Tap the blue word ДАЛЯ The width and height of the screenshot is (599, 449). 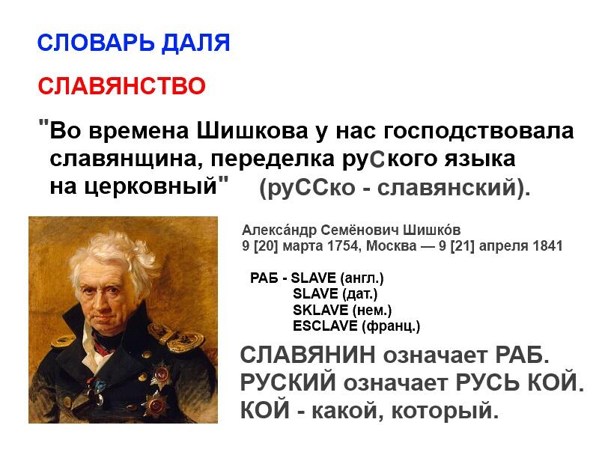[x=196, y=43]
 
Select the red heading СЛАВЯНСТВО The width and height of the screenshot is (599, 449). [x=122, y=86]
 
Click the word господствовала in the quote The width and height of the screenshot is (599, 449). [x=478, y=132]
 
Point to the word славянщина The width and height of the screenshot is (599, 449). [x=127, y=159]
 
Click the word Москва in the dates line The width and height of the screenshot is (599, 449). [x=391, y=246]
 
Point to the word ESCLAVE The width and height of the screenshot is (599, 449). [x=325, y=326]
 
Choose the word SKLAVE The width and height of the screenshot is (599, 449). [x=320, y=310]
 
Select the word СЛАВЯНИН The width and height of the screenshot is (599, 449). [x=308, y=355]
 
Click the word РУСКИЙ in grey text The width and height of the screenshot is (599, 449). [x=288, y=382]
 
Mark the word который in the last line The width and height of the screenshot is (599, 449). [x=446, y=411]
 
